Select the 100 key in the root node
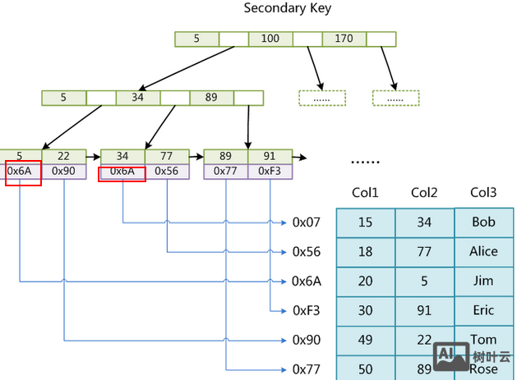pos(270,39)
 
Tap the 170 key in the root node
pos(344,39)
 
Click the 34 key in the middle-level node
pos(137,98)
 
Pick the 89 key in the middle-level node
pos(211,98)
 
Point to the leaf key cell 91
pos(270,157)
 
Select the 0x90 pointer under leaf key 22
pos(63,172)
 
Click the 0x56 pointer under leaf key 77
pos(167,172)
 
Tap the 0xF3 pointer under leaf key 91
pos(270,172)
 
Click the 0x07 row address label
pos(306,222)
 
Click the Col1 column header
pos(365,193)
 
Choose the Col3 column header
pos(483,193)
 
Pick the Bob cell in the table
pos(483,222)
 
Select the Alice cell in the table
pos(483,252)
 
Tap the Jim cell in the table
pos(483,282)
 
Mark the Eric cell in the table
pos(483,311)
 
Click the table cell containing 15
pos(365,222)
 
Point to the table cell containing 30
pos(365,311)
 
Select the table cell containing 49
pos(365,341)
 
